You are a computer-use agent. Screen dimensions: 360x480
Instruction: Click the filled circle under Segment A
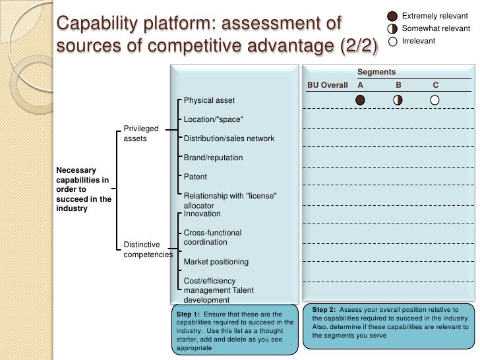coord(360,100)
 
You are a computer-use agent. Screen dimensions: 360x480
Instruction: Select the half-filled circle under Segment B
coord(398,100)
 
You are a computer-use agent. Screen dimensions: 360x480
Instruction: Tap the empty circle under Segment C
coord(435,100)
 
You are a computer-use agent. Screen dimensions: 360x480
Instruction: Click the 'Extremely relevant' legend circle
coord(392,15)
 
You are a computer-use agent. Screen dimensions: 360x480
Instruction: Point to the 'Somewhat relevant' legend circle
coord(392,28)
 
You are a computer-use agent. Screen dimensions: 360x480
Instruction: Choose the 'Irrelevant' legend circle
coord(392,42)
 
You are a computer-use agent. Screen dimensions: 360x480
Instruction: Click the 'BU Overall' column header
coord(328,85)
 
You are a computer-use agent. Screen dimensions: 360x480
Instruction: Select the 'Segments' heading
coord(376,72)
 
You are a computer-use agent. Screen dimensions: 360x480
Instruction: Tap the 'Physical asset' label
coord(209,100)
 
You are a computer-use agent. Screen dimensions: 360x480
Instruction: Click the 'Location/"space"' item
coord(214,119)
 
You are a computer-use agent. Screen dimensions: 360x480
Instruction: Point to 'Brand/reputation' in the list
coord(213,158)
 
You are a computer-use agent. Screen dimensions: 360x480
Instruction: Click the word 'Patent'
coord(195,177)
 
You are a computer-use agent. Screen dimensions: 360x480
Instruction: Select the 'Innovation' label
coord(202,214)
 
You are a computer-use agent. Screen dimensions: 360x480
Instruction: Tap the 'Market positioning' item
coord(216,262)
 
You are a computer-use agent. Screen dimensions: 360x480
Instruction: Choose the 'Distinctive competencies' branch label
coord(148,250)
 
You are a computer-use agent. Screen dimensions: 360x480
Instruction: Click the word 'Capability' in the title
coord(99,24)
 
